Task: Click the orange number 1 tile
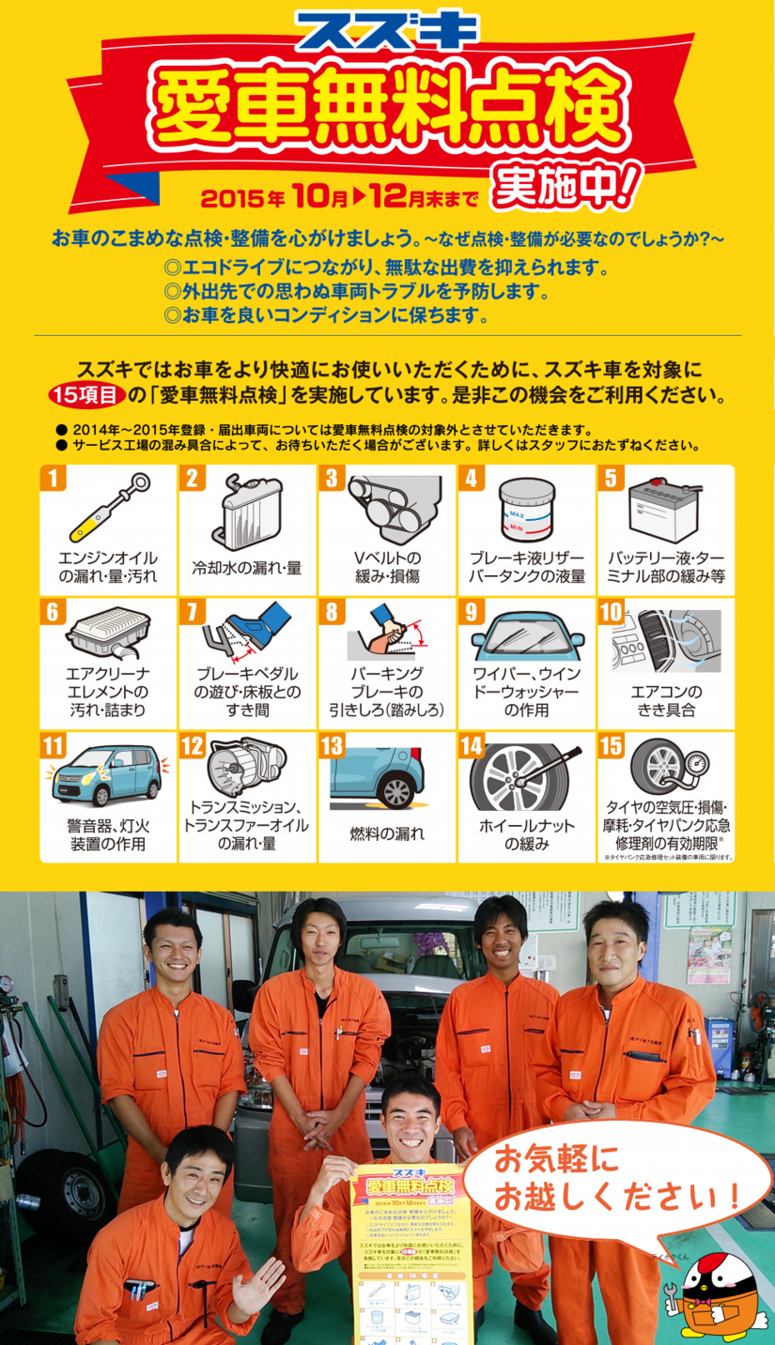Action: [53, 478]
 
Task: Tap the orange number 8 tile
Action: [331, 612]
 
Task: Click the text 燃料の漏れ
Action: [387, 833]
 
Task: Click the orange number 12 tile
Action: [192, 746]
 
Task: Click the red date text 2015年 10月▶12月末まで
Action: [339, 198]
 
